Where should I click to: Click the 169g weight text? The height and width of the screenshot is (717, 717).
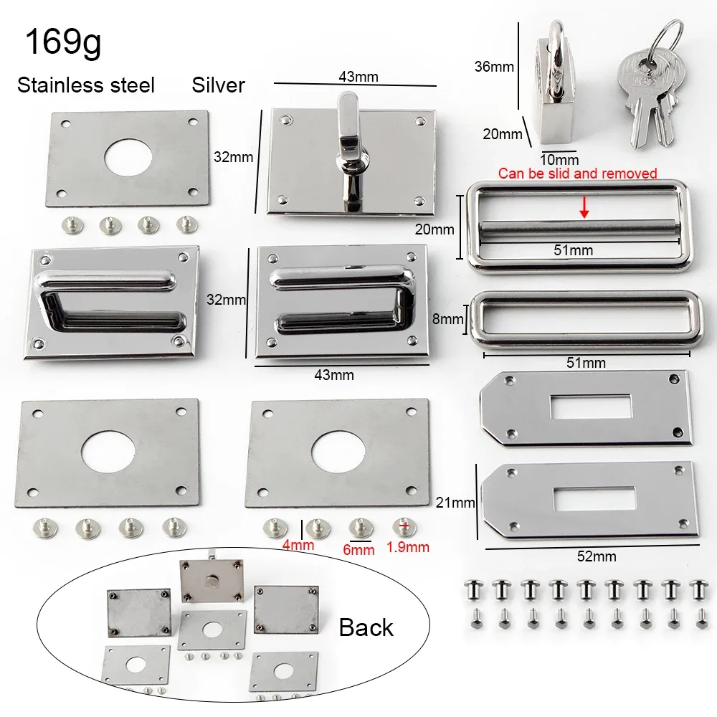[x=63, y=42]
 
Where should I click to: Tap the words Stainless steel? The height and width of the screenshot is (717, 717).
[x=86, y=85]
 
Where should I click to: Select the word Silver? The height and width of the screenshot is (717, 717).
[x=218, y=85]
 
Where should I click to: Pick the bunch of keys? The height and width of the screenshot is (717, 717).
[x=647, y=87]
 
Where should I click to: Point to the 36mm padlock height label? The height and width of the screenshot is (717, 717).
[x=494, y=67]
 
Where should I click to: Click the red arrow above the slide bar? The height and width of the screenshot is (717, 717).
[x=584, y=208]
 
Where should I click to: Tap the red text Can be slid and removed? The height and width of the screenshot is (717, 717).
[x=577, y=174]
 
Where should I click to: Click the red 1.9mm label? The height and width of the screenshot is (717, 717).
[x=408, y=547]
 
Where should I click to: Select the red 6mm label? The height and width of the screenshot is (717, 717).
[x=358, y=549]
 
